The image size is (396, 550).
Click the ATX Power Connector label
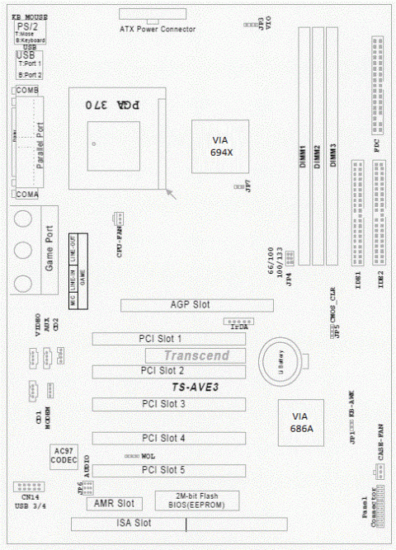pos(158,29)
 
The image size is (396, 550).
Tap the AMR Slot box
pos(115,502)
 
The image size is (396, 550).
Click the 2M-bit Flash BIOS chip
pos(198,501)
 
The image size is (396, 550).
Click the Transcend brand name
pos(196,355)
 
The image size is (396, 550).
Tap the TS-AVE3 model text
pos(196,387)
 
